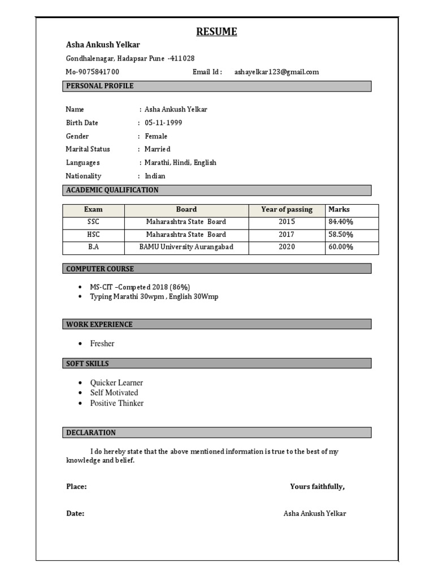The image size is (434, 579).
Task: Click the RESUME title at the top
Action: coord(216,32)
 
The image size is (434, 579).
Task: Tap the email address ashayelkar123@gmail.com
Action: coord(276,72)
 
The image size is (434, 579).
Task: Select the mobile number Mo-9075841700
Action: coord(93,72)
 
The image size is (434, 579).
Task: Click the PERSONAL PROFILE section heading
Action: coord(100,86)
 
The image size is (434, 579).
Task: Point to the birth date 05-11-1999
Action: coord(163,123)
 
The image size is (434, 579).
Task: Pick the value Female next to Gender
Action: coord(156,136)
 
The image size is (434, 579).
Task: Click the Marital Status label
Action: coord(88,149)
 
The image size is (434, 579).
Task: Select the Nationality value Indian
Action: coord(155,176)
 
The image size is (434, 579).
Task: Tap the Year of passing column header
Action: coord(287,210)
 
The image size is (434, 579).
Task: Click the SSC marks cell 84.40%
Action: coord(341,222)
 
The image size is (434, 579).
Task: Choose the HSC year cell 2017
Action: coord(287,235)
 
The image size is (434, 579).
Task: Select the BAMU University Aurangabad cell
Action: coord(186,247)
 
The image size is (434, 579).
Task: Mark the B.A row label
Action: coord(93,247)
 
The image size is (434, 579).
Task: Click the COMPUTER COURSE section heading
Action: coord(100,269)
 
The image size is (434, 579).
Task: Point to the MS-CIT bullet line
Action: coord(144,287)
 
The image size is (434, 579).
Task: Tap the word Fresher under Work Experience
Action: coord(102,343)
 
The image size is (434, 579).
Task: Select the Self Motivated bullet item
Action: coord(114,392)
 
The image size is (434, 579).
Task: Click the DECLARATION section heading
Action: coord(91,433)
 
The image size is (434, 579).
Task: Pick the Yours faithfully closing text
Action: coord(317,486)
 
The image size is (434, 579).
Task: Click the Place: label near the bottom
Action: coord(76,486)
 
